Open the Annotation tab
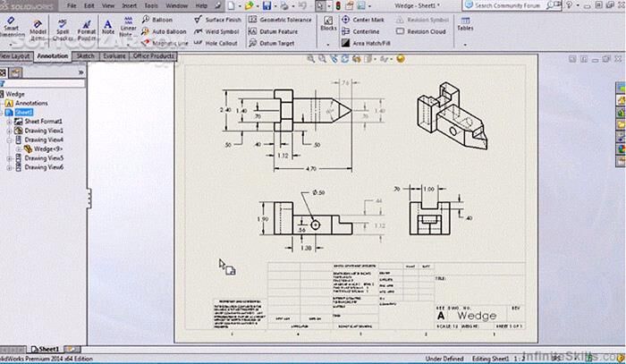[52, 55]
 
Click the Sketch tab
[86, 55]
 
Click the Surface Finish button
[222, 19]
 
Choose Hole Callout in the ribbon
[220, 42]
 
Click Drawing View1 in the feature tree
[43, 131]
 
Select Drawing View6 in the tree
[43, 167]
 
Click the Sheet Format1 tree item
[43, 122]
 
